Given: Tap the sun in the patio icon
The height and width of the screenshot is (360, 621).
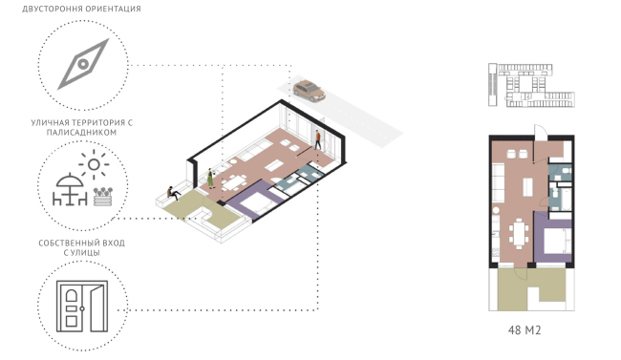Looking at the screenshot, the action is (93, 164).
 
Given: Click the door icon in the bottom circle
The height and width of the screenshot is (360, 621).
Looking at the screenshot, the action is (80, 303).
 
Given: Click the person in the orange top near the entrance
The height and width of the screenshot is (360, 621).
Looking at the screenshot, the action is (318, 140).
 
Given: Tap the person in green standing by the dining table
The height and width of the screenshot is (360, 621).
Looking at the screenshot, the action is (210, 178).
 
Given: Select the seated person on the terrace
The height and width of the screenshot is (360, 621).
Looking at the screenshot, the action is (171, 192).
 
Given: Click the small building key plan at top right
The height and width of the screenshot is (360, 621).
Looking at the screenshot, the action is (528, 85).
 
